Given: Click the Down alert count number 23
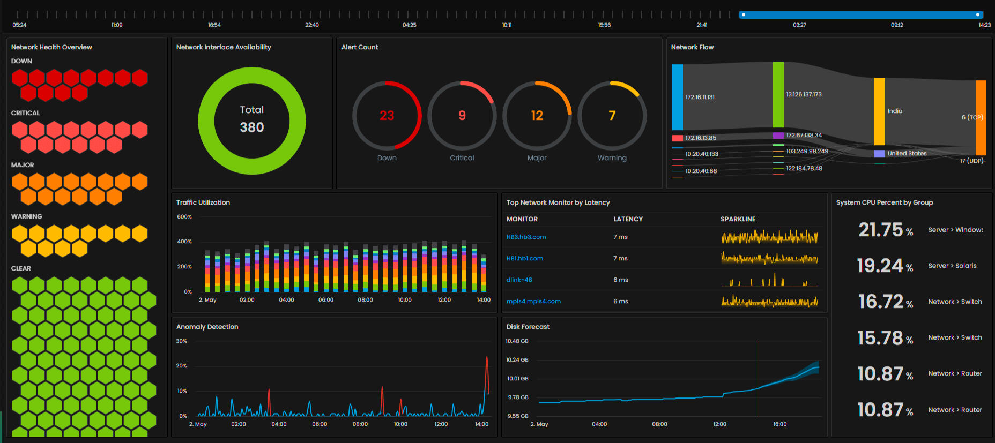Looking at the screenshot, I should [387, 115].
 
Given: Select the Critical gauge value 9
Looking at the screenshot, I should [462, 115].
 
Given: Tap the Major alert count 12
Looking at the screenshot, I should [537, 115].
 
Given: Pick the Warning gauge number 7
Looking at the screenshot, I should [612, 115].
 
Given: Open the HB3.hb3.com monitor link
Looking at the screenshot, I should [526, 237].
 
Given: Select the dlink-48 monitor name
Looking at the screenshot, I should [519, 280].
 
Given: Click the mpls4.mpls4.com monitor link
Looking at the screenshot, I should [533, 301].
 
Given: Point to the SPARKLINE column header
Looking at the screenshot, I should [738, 219].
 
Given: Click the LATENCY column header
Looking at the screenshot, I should [628, 219].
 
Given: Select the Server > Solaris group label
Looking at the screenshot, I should [952, 266].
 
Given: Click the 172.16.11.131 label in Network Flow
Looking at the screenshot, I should [700, 97].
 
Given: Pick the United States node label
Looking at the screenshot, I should [907, 153].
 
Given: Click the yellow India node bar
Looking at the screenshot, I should [879, 111].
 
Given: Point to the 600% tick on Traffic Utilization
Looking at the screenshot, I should [184, 217].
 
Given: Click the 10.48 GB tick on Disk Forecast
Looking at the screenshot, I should [517, 341].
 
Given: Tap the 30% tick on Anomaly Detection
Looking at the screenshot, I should [182, 341].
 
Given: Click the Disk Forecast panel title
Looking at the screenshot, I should [528, 327].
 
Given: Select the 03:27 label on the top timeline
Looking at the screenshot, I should [799, 25].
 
